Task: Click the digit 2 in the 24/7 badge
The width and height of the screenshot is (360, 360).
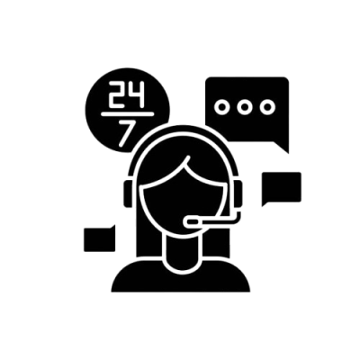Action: pos(116,94)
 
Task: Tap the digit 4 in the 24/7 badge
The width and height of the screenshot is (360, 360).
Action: pos(137,94)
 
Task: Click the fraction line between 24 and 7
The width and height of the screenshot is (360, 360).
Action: pos(128,114)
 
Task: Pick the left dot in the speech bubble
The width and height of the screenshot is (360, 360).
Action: pos(222,107)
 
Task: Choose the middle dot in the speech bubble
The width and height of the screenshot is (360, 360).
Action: pos(245,107)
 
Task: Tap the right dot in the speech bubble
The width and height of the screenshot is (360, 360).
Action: pos(267,107)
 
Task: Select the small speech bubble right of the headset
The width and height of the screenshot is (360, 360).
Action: pos(282,189)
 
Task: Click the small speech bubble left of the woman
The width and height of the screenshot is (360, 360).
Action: pos(100,238)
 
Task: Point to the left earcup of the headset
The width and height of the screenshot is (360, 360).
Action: pos(128,193)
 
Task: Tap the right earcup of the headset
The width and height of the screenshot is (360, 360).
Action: pos(238,193)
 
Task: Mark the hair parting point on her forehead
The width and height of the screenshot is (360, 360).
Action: pos(188,157)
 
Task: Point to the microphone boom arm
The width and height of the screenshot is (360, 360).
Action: pos(219,221)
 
